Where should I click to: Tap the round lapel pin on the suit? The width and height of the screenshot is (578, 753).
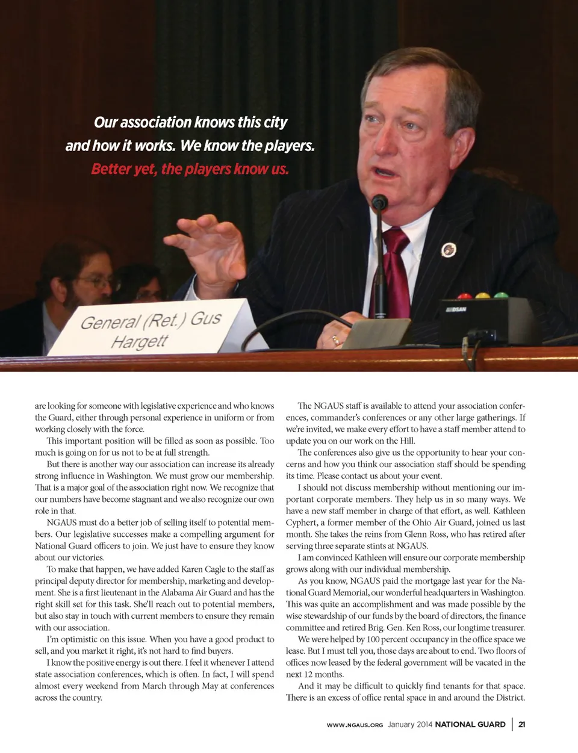(x=449, y=249)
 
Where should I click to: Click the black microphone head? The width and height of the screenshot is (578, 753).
(x=379, y=202)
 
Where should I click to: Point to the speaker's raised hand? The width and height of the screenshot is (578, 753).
(x=205, y=247)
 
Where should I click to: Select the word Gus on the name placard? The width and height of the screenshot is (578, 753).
(x=206, y=318)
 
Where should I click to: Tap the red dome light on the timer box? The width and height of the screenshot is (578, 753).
(x=464, y=296)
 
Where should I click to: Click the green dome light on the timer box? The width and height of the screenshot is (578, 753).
(x=501, y=296)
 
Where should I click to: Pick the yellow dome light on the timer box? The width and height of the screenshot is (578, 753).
(x=483, y=296)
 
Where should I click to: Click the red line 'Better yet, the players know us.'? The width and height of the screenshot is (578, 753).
(x=190, y=169)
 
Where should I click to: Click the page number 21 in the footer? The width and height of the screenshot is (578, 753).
(x=521, y=724)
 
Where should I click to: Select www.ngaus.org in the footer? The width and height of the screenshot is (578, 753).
(x=355, y=725)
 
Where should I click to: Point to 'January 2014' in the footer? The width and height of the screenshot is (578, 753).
(x=410, y=724)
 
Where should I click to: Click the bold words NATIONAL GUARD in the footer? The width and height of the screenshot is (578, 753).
(x=470, y=724)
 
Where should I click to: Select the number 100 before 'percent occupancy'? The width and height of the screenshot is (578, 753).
(x=373, y=639)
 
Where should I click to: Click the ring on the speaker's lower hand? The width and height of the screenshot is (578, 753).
(x=335, y=340)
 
